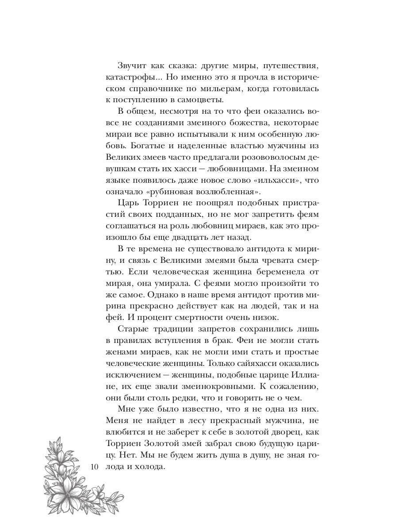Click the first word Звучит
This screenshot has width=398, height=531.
point(133,65)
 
